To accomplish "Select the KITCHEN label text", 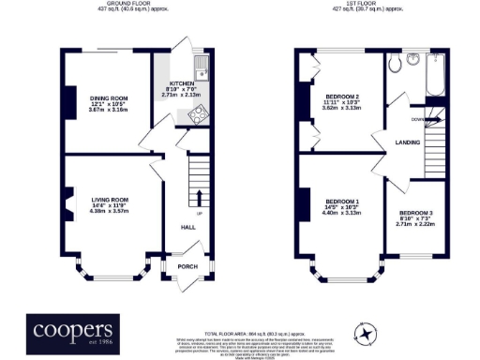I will click(x=181, y=82).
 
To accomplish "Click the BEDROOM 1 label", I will click(x=343, y=201).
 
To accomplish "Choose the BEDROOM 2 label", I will click(x=343, y=97).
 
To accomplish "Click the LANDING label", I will click(x=407, y=142).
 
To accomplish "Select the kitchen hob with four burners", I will click(x=199, y=114).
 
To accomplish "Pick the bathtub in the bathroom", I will click(x=434, y=76).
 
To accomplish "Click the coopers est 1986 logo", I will click(x=73, y=331).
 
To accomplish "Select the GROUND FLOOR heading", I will click(x=130, y=4).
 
